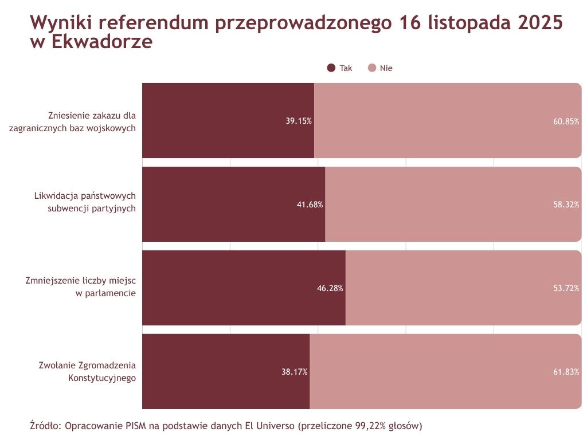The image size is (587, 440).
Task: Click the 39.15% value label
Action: (x=299, y=121)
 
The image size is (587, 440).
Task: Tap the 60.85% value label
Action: (x=566, y=121)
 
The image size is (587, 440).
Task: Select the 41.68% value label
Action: (x=310, y=205)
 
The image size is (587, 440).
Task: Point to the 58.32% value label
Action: (x=566, y=205)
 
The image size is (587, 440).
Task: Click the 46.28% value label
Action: (x=330, y=288)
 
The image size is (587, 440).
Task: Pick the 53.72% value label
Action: (x=566, y=288)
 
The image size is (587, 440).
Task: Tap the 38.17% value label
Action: (x=295, y=372)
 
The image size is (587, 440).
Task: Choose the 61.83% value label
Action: (x=566, y=372)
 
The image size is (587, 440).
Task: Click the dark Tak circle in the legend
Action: (x=331, y=68)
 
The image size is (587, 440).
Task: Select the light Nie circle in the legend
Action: (x=371, y=68)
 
